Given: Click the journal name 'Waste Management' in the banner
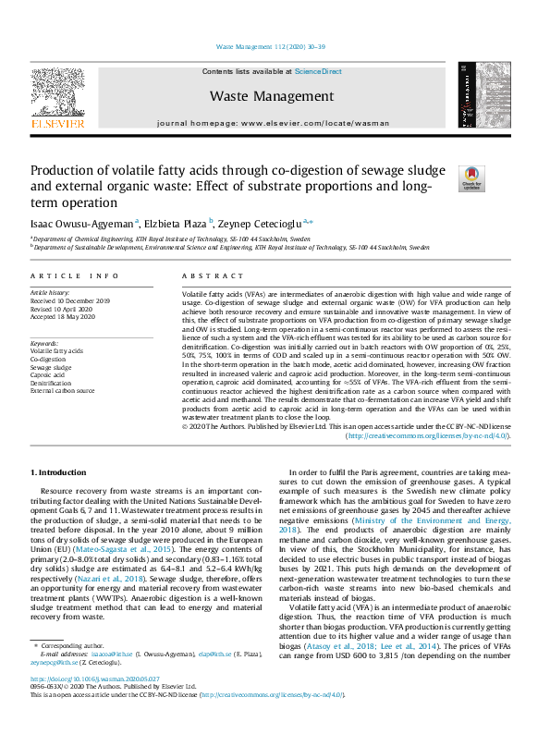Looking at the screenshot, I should [271, 95].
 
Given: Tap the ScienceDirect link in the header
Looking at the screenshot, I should [318, 71].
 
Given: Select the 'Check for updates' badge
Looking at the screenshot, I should [472, 177].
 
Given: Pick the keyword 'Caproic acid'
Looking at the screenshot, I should [51, 374].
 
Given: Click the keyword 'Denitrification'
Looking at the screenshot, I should [53, 383].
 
